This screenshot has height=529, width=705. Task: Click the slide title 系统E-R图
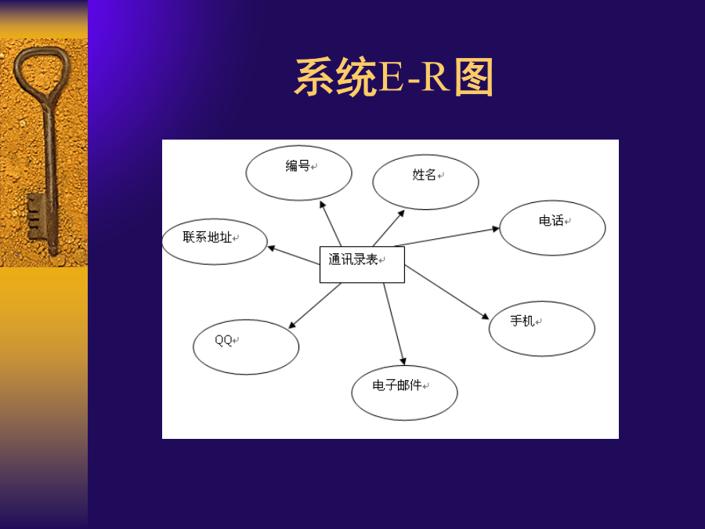click(x=394, y=77)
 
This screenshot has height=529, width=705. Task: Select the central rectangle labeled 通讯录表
click(x=362, y=265)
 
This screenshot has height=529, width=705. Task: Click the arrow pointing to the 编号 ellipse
click(x=331, y=223)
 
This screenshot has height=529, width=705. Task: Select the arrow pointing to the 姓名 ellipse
click(x=389, y=228)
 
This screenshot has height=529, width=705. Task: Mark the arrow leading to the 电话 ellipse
click(x=447, y=237)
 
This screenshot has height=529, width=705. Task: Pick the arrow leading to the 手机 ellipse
click(x=446, y=292)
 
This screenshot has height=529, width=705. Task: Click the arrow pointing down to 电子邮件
click(x=394, y=324)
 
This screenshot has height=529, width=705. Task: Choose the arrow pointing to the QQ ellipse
click(x=315, y=306)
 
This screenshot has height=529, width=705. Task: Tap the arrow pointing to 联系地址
click(x=294, y=255)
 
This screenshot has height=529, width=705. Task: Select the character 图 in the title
click(x=474, y=78)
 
